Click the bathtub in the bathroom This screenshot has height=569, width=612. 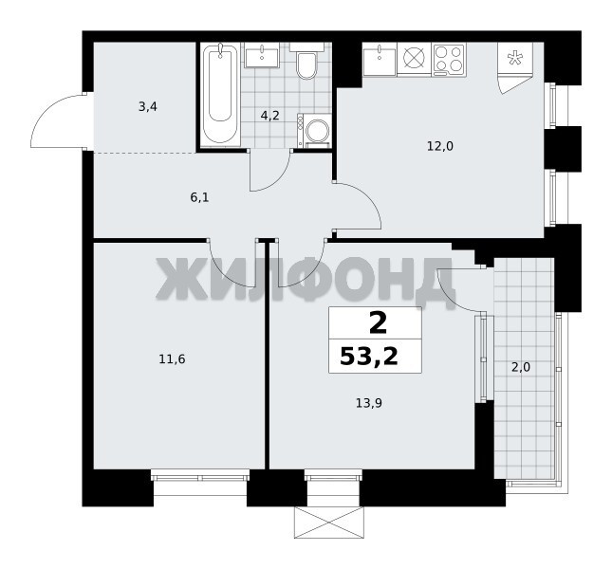click(x=220, y=95)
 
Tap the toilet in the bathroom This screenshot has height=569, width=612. click(x=306, y=62)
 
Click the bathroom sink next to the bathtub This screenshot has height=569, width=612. click(x=262, y=56)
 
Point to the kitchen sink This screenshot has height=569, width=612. click(x=380, y=59)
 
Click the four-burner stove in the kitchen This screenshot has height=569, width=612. click(x=449, y=60)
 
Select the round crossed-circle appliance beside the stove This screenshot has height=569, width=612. click(x=414, y=59)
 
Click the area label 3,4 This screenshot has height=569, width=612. click(x=148, y=106)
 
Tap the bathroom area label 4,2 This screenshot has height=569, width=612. click(x=270, y=116)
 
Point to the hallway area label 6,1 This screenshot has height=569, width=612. click(x=199, y=197)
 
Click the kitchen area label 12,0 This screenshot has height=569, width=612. click(x=440, y=147)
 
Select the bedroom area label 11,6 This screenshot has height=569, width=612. click(x=172, y=358)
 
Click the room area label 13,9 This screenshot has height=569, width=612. click(x=369, y=403)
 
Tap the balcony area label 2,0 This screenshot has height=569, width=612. click(x=521, y=367)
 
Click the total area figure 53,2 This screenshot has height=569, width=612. click(x=369, y=356)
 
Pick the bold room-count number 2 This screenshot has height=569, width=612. click(x=378, y=324)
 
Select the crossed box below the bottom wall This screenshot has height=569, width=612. click(x=329, y=523)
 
